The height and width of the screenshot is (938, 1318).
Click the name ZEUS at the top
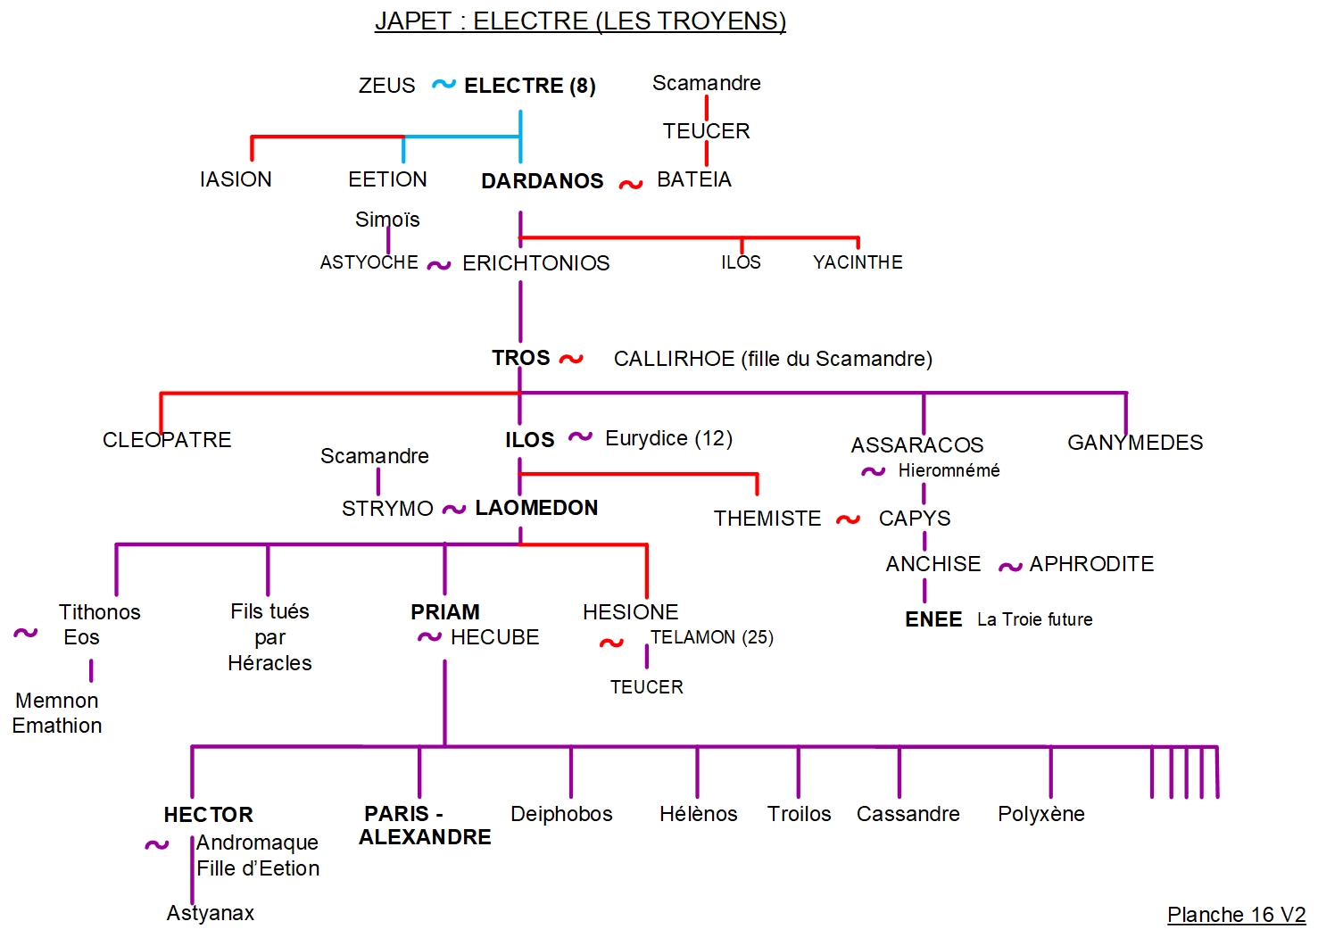(x=386, y=86)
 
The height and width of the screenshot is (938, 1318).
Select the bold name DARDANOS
(x=542, y=181)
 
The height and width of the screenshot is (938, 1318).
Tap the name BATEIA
(x=693, y=179)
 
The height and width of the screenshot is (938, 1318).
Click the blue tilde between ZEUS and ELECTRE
(x=443, y=84)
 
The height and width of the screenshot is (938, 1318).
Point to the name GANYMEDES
(x=1134, y=443)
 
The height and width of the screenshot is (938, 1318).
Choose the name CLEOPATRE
(x=167, y=440)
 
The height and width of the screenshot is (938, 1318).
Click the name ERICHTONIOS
(x=535, y=263)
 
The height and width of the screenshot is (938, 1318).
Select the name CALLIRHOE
(x=674, y=359)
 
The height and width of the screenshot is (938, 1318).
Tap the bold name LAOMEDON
(x=536, y=508)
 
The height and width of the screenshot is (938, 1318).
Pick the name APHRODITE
(x=1090, y=564)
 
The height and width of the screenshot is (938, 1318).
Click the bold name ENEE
(x=933, y=619)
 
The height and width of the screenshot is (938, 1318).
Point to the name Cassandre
(x=908, y=814)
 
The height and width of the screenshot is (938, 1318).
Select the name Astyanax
(x=211, y=913)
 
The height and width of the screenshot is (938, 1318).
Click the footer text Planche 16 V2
(x=1236, y=915)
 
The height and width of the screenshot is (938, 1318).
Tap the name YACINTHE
(x=858, y=262)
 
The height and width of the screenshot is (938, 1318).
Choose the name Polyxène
(x=1040, y=814)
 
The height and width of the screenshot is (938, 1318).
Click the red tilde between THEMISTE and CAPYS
(x=848, y=519)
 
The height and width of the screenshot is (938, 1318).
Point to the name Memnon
(x=57, y=701)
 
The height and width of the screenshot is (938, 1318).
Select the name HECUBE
(x=494, y=637)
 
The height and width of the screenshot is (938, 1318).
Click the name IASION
(x=236, y=179)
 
